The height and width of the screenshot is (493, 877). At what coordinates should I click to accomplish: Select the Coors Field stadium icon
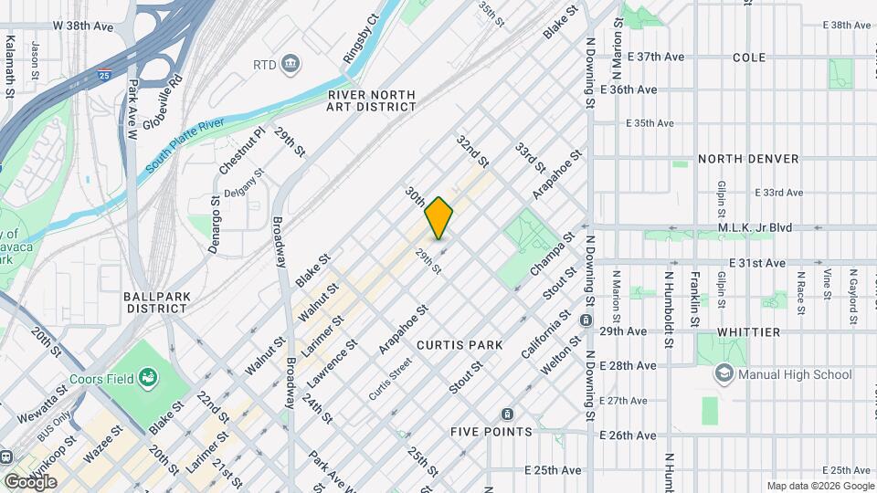point(146,378)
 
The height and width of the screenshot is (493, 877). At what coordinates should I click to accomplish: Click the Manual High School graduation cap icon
point(724,373)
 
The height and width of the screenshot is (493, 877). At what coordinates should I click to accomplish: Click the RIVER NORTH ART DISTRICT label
point(371,100)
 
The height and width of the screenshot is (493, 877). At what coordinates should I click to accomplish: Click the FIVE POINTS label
point(491,431)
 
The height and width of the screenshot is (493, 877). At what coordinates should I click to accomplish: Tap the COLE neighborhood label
point(748,57)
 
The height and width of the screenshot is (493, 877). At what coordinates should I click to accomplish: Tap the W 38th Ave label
point(82,26)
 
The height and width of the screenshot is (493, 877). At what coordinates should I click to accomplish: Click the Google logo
point(30,481)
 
